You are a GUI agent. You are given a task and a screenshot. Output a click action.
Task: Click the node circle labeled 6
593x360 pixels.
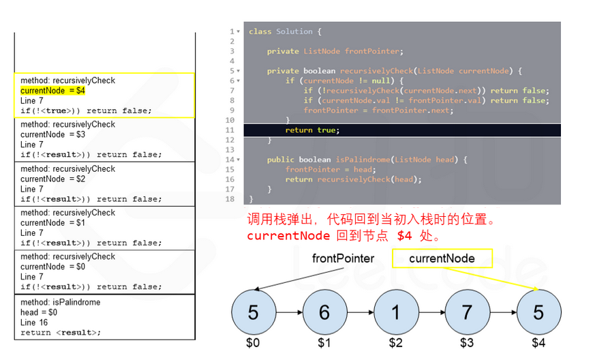pos(324,312)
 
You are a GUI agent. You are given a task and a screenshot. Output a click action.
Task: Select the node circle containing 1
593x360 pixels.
pos(395,312)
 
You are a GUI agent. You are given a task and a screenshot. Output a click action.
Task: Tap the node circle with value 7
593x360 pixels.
pos(467,312)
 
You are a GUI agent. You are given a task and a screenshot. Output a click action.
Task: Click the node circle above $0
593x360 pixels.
pos(254,312)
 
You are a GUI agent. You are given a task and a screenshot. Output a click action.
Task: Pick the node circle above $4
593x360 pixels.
pos(538,312)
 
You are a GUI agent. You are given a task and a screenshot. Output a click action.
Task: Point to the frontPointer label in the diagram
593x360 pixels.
pos(344,258)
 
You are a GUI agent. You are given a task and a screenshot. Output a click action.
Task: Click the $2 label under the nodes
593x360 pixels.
pos(395,343)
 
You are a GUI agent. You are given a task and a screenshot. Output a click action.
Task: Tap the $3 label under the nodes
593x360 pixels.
pos(467,343)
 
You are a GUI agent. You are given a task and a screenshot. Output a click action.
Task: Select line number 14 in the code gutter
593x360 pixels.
pos(232,160)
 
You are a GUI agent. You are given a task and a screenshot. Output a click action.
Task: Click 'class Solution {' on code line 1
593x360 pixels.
pos(285,31)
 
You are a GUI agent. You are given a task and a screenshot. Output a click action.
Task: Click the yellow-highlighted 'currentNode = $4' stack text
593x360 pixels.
pos(52,91)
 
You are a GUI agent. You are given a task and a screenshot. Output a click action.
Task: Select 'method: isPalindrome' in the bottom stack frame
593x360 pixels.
pos(60,302)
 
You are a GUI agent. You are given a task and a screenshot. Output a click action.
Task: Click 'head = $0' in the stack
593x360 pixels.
pos(39,312)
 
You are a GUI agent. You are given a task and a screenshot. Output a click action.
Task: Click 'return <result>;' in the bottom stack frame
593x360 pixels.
pos(61,333)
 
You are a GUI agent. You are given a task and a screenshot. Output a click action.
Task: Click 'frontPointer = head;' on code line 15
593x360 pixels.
pos(328,170)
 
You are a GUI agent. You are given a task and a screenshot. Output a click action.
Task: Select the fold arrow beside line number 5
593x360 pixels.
pos(238,71)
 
